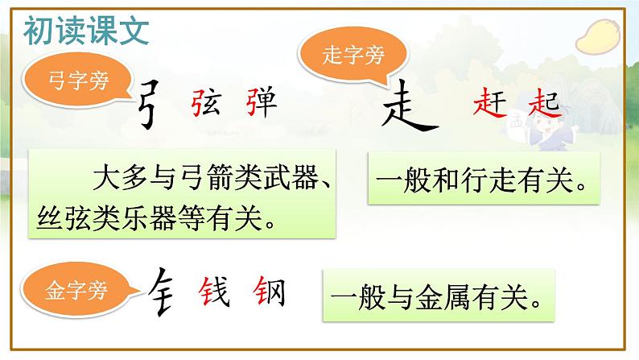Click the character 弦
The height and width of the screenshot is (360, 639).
click(x=201, y=104)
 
